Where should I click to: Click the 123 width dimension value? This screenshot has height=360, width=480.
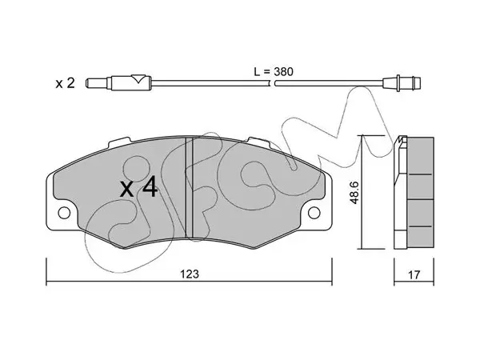190,274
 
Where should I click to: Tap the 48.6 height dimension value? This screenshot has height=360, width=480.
354,192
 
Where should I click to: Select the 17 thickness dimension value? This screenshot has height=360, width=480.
414,274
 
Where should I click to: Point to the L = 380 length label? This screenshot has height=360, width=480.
274,72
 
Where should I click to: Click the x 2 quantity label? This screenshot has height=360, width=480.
65,83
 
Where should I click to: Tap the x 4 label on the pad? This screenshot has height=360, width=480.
138,187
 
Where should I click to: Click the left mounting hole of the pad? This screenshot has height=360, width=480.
64,213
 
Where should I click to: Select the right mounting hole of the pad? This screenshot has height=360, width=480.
314,213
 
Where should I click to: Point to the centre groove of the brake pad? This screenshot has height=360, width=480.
189,187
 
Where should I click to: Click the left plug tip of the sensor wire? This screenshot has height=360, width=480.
96,83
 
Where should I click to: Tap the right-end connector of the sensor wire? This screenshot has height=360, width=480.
402,83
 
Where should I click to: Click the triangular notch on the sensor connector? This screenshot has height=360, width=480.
138,79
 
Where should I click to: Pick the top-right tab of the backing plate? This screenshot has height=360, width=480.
258,142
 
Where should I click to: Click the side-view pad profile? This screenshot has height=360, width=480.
414,192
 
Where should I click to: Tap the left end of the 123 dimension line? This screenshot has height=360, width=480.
46,281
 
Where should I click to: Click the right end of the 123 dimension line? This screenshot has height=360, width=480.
332,281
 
